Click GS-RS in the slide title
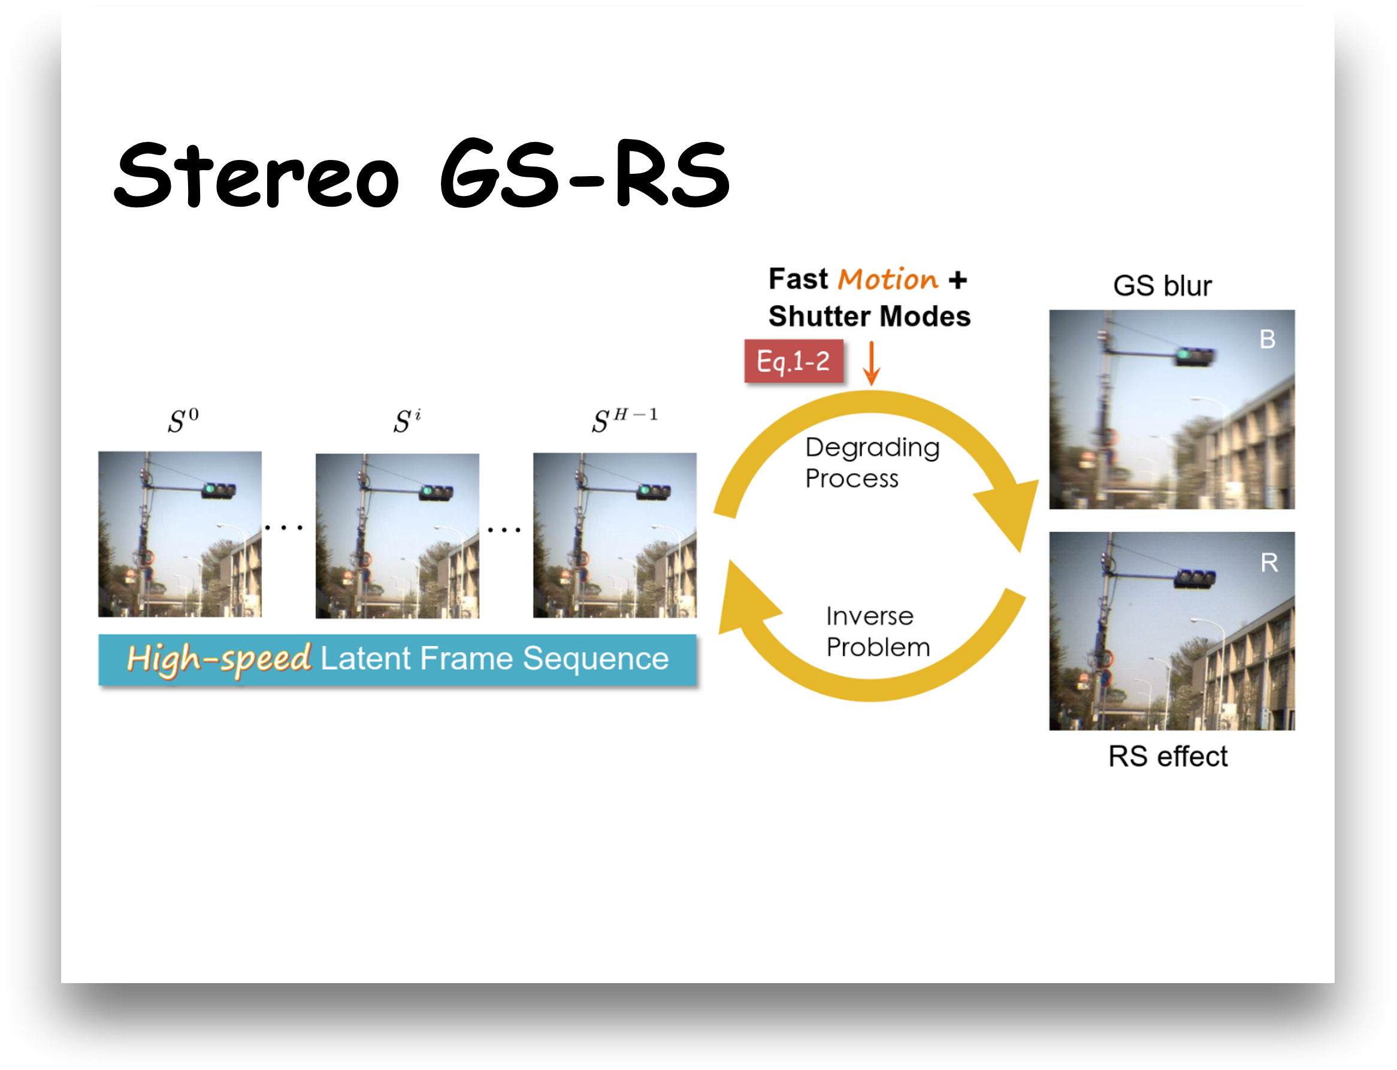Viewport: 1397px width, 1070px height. point(585,173)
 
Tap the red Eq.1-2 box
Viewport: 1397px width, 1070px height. point(793,361)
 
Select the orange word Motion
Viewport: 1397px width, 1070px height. point(888,280)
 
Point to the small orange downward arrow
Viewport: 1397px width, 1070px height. point(871,363)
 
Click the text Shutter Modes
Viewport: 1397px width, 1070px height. point(869,316)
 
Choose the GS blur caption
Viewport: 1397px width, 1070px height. point(1162,286)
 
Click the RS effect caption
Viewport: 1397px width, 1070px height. point(1168,757)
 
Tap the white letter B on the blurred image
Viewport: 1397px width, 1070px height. point(1267,340)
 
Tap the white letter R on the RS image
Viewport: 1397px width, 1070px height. point(1269,563)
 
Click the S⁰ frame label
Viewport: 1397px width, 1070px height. point(183,421)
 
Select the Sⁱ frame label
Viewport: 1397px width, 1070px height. point(407,421)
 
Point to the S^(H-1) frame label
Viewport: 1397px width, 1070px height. point(625,421)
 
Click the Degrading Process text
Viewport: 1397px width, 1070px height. point(872,463)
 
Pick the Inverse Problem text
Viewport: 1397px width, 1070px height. point(878,632)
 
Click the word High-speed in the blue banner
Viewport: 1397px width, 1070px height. point(219,659)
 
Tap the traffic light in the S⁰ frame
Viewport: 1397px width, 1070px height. point(219,491)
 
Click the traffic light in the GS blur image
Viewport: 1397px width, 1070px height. point(1195,356)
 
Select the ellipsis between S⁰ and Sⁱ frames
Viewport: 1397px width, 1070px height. point(283,527)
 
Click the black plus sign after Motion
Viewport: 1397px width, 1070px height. point(957,280)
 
